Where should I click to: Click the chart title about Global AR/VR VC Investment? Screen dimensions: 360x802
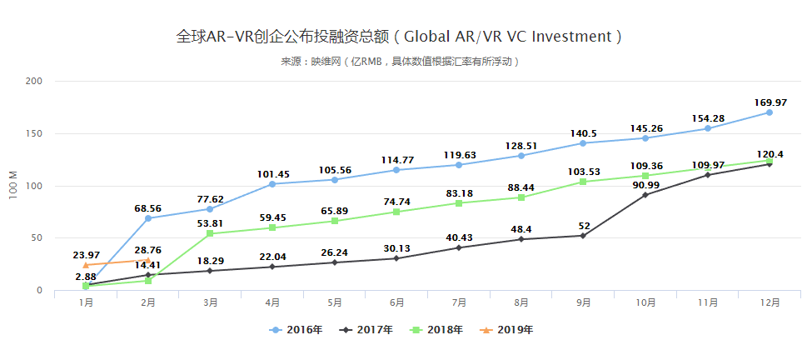coord(400,37)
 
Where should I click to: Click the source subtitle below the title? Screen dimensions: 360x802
coord(400,62)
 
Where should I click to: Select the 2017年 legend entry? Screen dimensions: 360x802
coord(366,330)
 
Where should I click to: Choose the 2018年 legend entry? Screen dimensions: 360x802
coord(436,330)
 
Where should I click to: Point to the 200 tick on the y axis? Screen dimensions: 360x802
coord(34,82)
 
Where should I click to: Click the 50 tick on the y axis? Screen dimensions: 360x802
coord(37,238)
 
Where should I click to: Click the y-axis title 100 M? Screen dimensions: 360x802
coord(12,186)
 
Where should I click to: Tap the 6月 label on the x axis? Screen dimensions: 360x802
coord(396,302)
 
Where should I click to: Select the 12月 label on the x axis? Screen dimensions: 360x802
coord(769,302)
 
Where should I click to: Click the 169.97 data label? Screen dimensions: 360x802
coord(770,102)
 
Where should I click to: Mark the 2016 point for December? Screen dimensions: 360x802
coord(770,112)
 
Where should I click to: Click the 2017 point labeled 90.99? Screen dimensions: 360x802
coord(645,194)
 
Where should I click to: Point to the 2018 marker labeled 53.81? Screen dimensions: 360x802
coord(210,233)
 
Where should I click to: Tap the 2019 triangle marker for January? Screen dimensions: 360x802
coord(86,265)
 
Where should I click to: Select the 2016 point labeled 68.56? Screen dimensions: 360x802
coord(148,218)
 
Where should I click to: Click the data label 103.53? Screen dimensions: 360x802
coord(583,171)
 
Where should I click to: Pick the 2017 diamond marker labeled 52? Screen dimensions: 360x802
coord(583,236)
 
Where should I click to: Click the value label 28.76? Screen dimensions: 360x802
coord(148,250)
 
